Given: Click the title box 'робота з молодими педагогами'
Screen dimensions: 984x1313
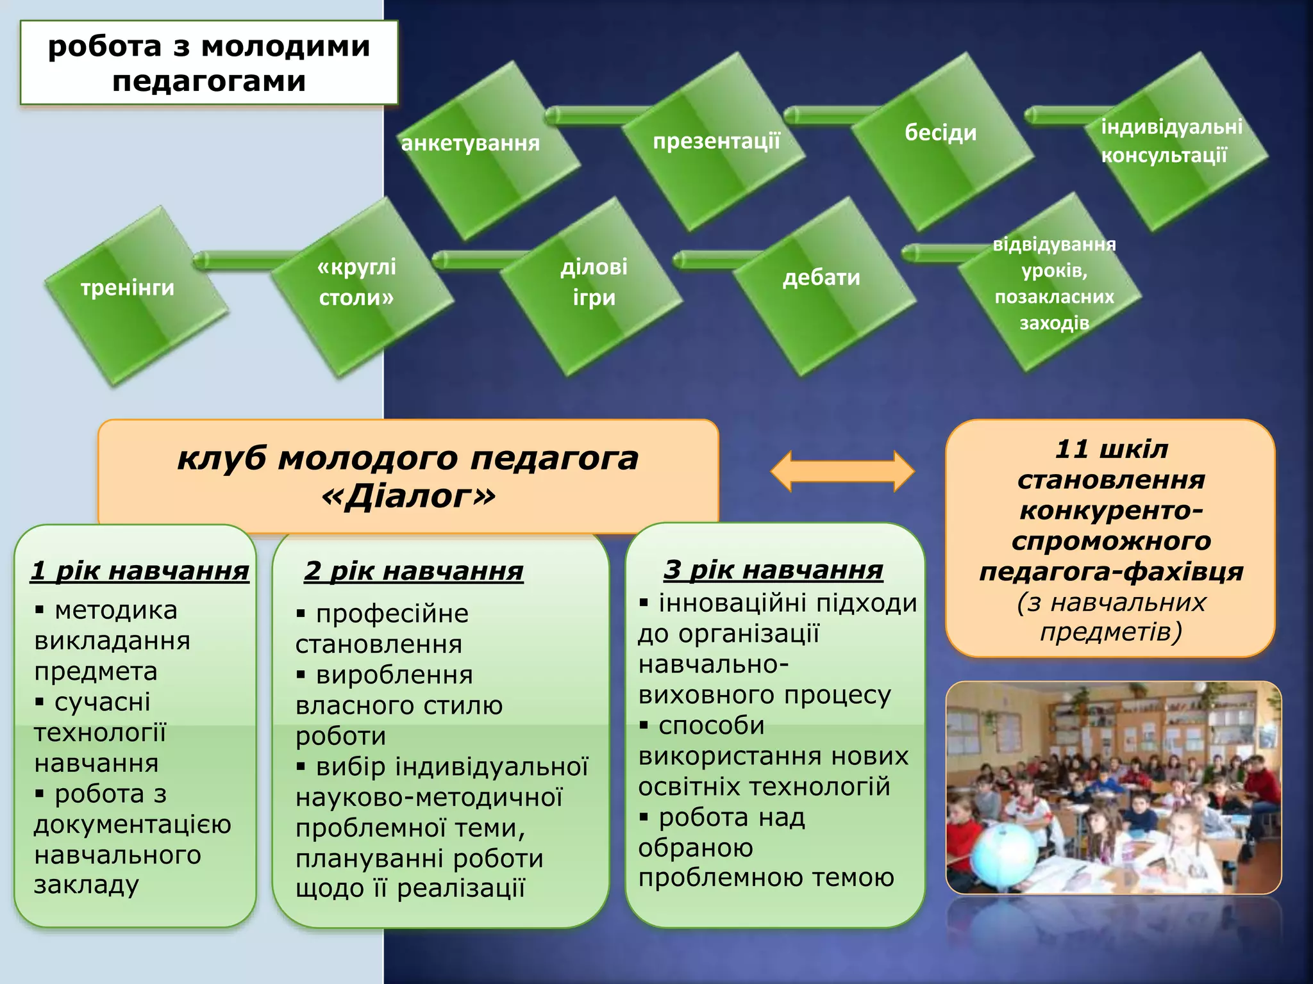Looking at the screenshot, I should (x=209, y=63).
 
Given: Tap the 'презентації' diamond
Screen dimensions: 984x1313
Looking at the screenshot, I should (x=715, y=141).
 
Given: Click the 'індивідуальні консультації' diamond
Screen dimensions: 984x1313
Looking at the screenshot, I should (x=1173, y=141).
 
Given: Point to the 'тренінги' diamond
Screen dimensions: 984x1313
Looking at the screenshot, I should (x=135, y=295).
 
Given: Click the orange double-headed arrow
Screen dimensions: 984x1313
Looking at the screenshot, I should (x=842, y=471).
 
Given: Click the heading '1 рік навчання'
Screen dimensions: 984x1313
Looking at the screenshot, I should (x=140, y=571).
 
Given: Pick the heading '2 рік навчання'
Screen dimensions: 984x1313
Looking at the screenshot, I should (x=414, y=571).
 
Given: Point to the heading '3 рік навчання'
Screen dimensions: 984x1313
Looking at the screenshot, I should (x=773, y=570).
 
